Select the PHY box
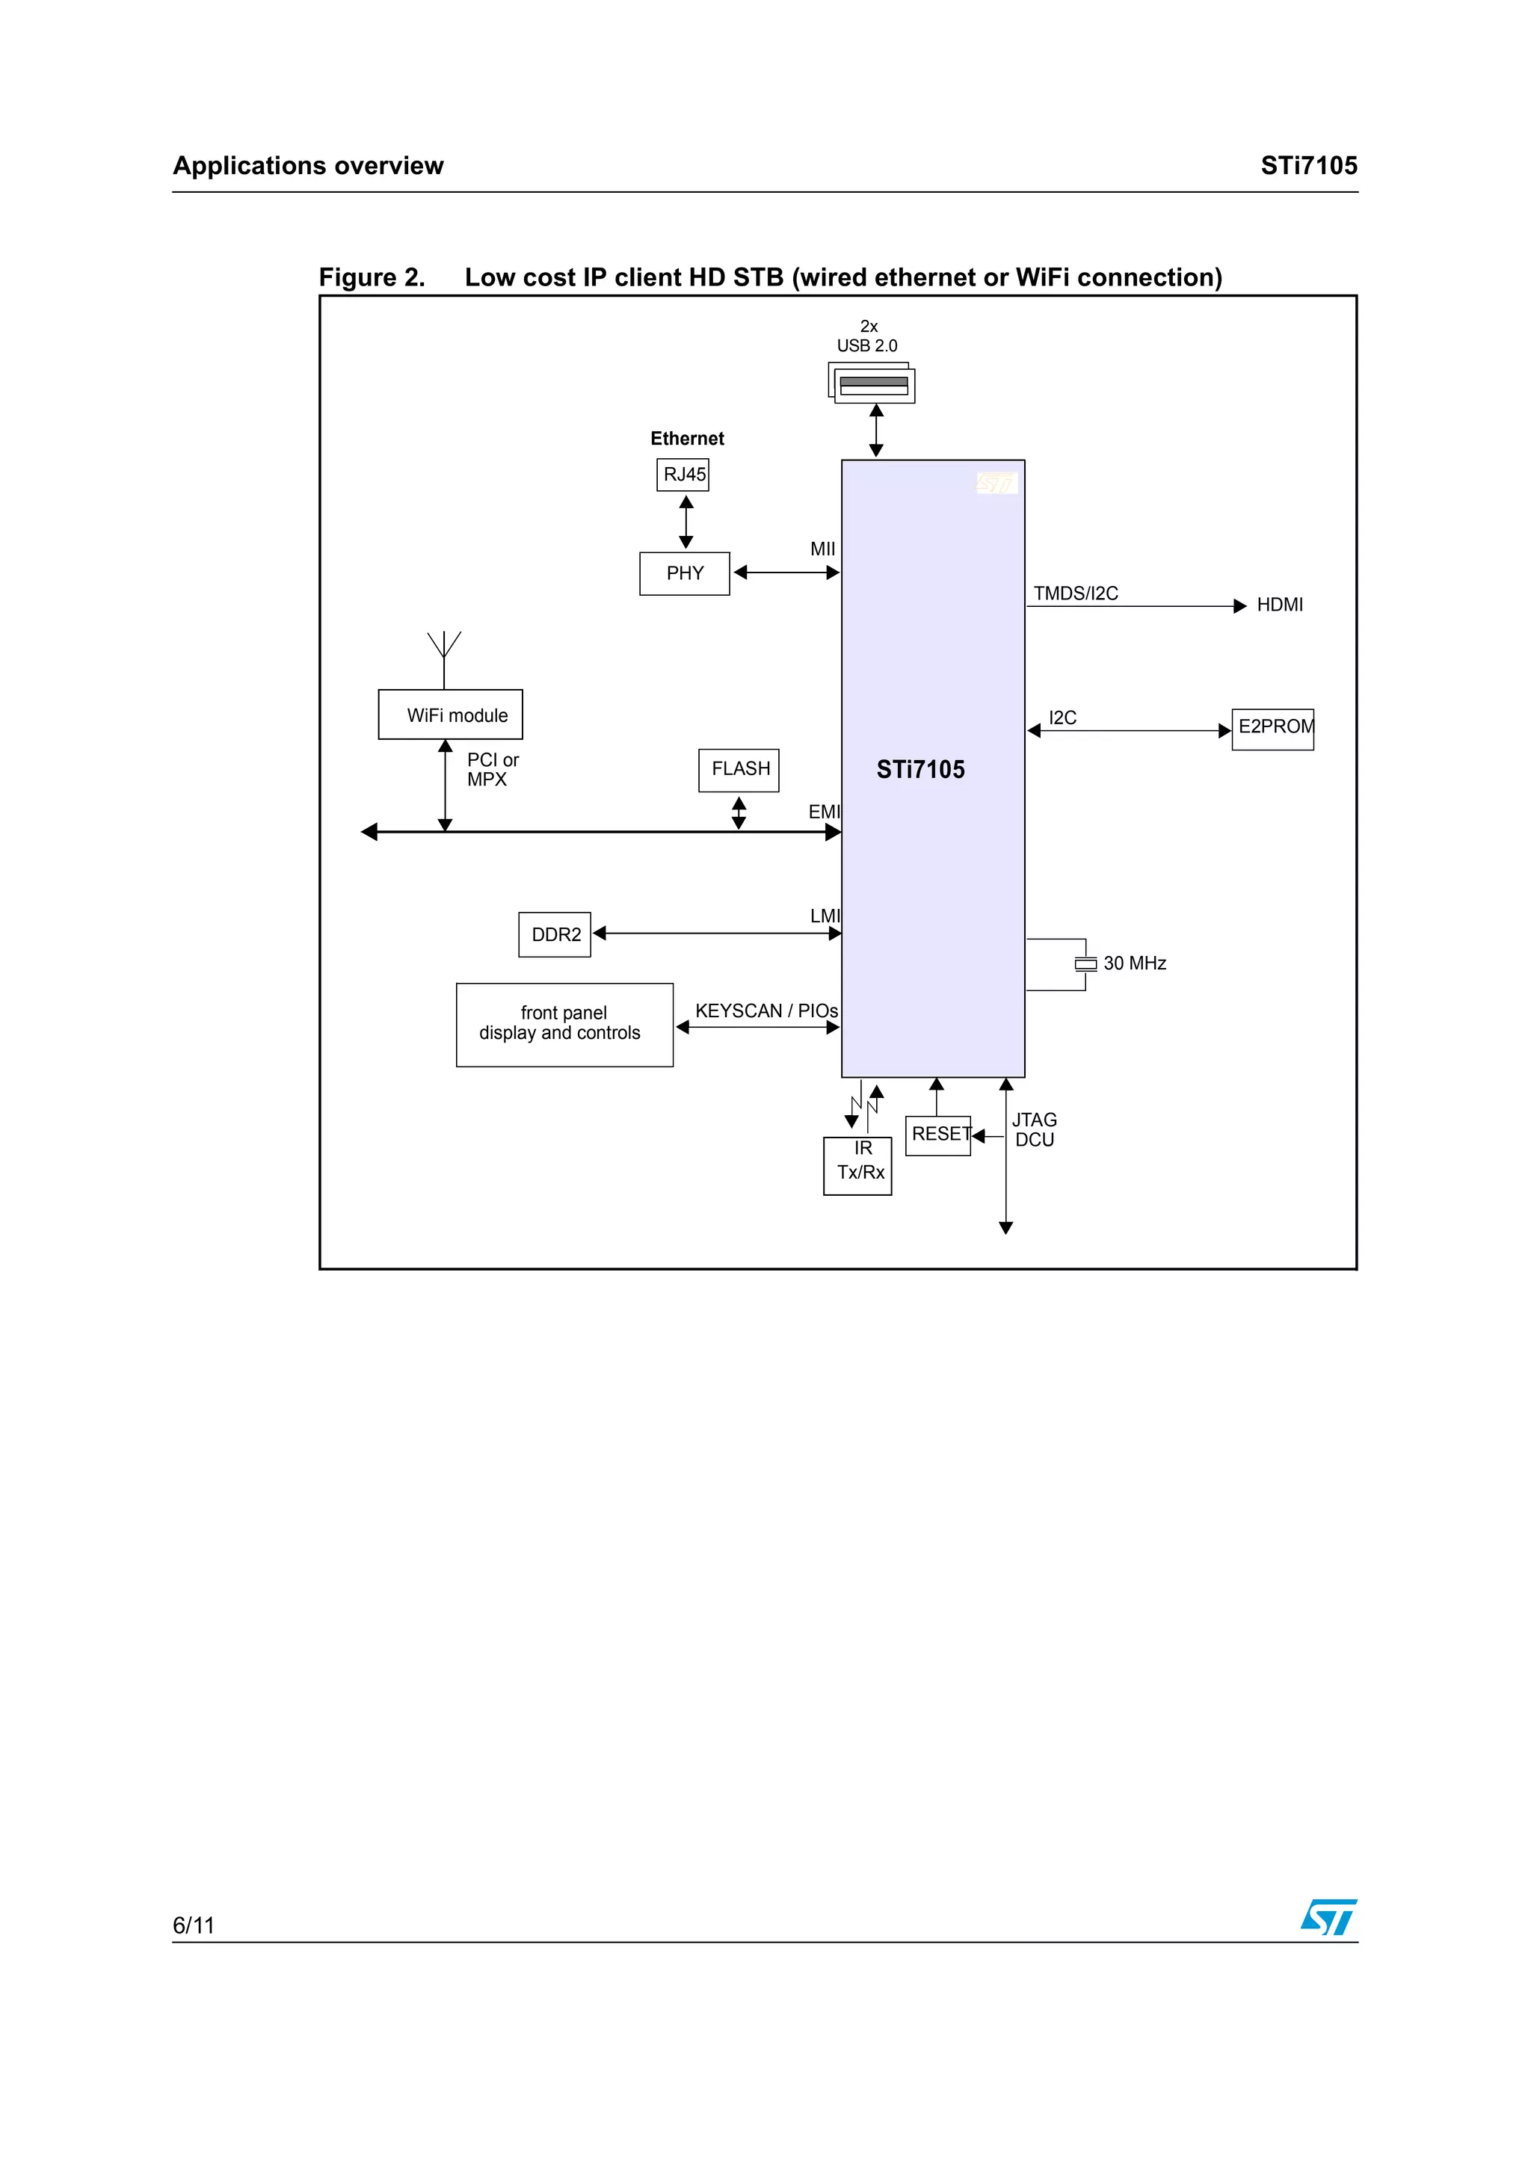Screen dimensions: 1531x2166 (685, 573)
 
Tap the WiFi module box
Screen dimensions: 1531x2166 (450, 714)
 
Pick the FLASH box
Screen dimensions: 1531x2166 (739, 770)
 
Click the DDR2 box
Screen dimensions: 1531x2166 (555, 934)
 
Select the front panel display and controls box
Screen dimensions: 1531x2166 (564, 1025)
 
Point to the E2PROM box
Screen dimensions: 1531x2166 (1272, 729)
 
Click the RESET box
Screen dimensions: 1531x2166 (937, 1136)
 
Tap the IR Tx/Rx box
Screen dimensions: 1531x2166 (857, 1166)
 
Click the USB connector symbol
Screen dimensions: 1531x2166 (872, 383)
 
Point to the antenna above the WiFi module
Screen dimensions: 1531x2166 (444, 659)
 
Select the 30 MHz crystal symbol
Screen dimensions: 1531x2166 (1085, 963)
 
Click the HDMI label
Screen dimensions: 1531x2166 (1279, 605)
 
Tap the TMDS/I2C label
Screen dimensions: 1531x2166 (1076, 593)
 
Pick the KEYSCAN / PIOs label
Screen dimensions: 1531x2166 (766, 1011)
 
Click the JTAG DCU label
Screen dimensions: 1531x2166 (1034, 1129)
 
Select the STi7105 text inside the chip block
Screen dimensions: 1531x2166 (921, 770)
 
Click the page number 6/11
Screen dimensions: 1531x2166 (194, 1925)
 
